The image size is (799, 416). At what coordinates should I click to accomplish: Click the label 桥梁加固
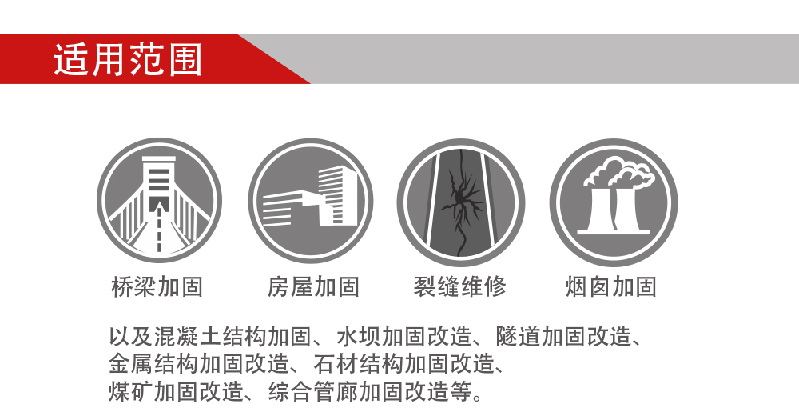[x=157, y=287]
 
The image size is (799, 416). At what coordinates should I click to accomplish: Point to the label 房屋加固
[x=313, y=287]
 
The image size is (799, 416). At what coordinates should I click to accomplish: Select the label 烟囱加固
[x=611, y=287]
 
